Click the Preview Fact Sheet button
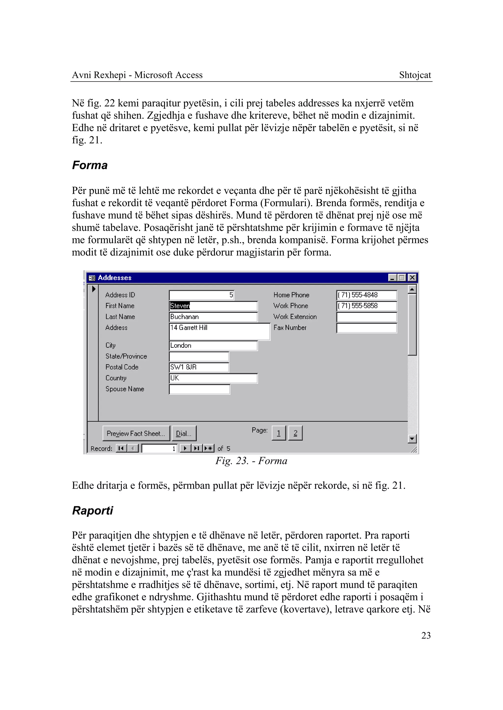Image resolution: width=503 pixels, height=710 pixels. click(136, 433)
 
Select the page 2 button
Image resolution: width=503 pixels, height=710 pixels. click(295, 433)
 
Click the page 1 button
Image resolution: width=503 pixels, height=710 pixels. click(279, 433)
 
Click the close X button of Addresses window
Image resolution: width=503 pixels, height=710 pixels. click(412, 277)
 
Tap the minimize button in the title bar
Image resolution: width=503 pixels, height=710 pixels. click(392, 277)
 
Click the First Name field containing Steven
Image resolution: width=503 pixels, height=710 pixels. click(213, 306)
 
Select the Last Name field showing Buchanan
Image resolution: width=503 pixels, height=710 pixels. click(213, 317)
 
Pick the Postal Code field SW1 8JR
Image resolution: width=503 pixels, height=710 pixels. click(199, 367)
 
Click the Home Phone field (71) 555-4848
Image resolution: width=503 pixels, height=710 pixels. click(366, 295)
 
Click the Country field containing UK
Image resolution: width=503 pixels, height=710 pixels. click(213, 378)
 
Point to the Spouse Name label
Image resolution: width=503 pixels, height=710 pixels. click(125, 389)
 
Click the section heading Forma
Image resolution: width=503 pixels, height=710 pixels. click(90, 165)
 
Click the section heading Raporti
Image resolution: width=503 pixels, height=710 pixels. click(92, 510)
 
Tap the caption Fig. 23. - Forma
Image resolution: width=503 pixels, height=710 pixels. click(251, 461)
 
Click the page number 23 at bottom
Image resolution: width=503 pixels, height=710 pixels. click(426, 635)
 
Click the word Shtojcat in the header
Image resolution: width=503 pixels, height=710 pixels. click(415, 75)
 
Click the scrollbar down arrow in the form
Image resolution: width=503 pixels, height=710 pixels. click(412, 439)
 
